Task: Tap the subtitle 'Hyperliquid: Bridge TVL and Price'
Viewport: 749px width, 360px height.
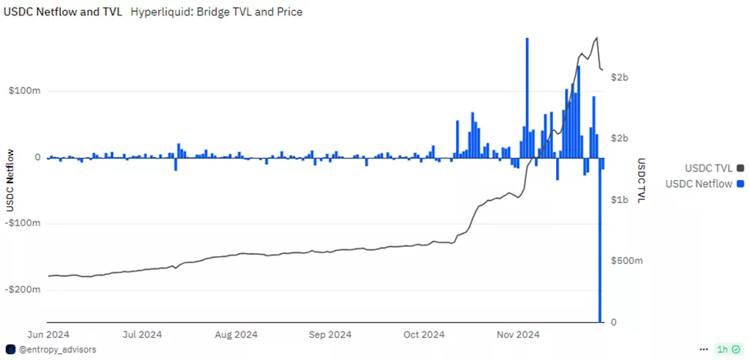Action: [216, 12]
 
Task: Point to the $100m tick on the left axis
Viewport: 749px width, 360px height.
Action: [24, 91]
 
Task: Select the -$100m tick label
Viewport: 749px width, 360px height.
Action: [22, 223]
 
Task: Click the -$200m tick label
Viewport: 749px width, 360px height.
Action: [22, 290]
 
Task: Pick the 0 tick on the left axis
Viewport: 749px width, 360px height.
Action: [38, 157]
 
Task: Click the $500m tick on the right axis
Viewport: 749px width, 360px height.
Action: [626, 261]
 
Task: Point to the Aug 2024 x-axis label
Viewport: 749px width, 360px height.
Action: [235, 335]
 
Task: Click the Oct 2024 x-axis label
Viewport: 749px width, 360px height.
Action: [424, 335]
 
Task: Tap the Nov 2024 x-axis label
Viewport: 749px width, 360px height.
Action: [518, 335]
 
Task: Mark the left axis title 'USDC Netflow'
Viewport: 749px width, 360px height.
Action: [11, 178]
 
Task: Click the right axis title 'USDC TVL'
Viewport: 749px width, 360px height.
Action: [641, 181]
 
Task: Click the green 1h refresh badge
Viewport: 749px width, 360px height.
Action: [728, 349]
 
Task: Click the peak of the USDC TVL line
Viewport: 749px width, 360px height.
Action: [597, 38]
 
